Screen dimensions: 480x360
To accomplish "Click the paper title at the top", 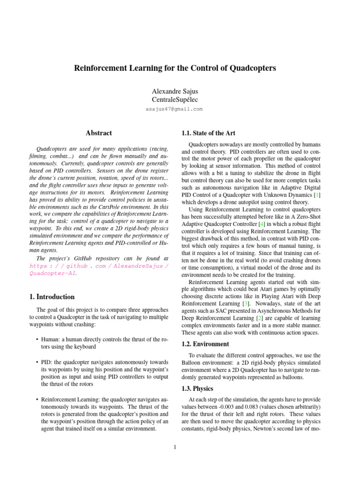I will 175,68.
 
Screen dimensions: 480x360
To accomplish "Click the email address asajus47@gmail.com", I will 174,109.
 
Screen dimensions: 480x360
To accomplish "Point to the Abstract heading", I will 98,133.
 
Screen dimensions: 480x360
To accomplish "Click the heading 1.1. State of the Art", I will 208,133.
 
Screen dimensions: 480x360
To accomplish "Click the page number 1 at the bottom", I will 174,447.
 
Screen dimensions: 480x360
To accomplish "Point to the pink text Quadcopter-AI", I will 52,273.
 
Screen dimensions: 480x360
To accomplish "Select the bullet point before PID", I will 37,362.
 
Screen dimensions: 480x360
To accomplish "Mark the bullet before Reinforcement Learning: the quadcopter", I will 37,400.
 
